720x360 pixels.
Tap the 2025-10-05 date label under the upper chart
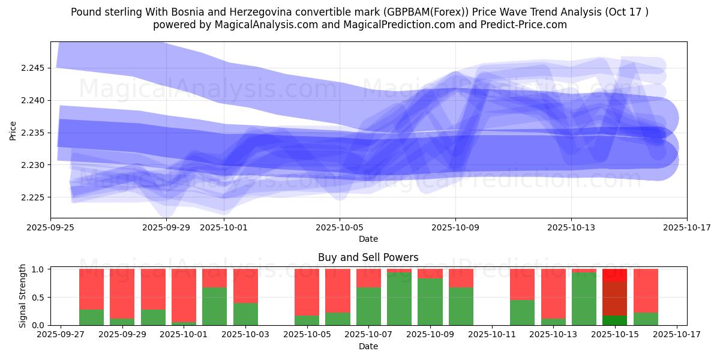(x=340, y=227)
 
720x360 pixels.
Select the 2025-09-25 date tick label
(x=50, y=227)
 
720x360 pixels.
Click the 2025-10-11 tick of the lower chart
(x=492, y=335)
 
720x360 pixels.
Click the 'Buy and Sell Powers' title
(x=368, y=257)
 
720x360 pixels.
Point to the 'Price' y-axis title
(x=13, y=130)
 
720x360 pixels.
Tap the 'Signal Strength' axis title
(x=23, y=295)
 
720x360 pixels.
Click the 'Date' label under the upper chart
(x=368, y=239)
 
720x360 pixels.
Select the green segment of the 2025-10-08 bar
(x=399, y=299)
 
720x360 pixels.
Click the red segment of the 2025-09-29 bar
(x=122, y=293)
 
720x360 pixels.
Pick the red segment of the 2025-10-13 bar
(x=553, y=293)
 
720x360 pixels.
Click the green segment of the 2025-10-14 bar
(x=584, y=299)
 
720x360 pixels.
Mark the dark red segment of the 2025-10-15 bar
(x=614, y=298)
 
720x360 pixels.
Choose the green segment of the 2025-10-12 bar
(x=522, y=312)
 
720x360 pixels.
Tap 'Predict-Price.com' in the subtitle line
(x=527, y=25)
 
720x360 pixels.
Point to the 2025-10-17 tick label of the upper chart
(x=686, y=227)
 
